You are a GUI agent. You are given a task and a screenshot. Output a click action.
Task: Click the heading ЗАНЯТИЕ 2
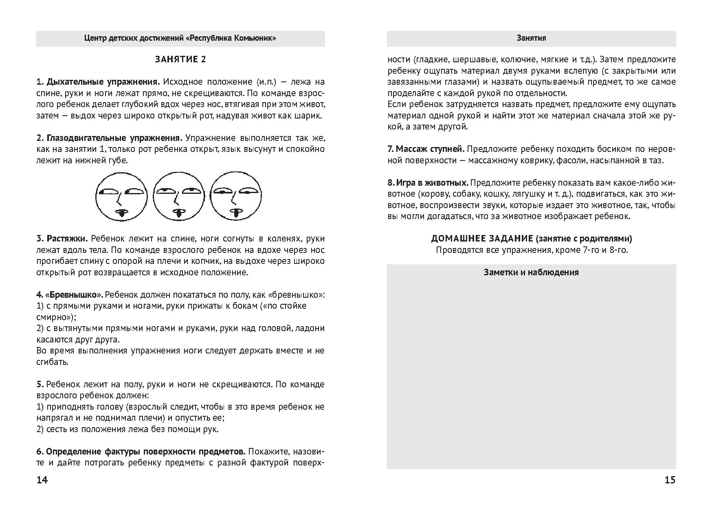(x=180, y=59)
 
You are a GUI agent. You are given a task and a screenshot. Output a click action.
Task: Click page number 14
(x=42, y=480)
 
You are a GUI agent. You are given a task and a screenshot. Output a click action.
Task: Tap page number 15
(x=670, y=480)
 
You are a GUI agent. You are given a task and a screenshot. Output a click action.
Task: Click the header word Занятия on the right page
(x=531, y=38)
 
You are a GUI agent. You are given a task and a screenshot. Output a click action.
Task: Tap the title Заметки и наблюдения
(x=531, y=272)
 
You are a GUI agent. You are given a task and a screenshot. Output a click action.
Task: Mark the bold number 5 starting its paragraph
(x=40, y=384)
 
